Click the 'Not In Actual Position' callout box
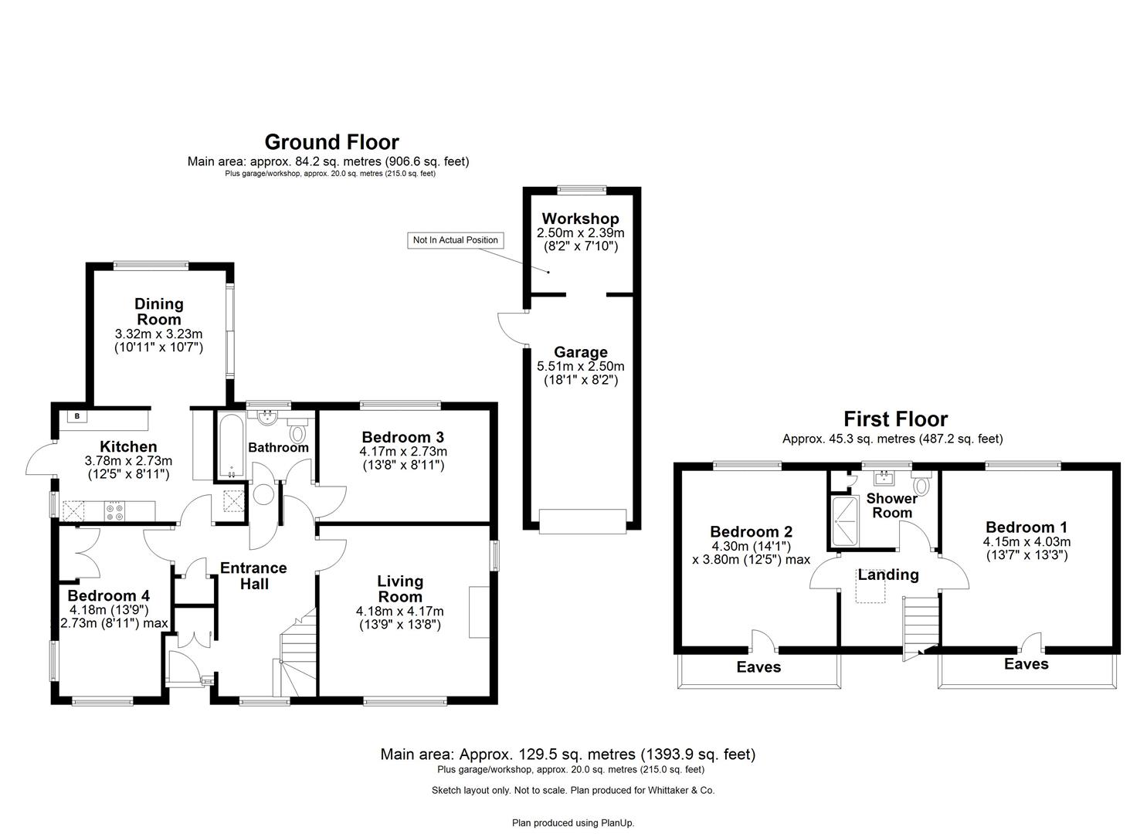click(455, 240)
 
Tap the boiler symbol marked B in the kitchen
click(76, 417)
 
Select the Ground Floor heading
click(331, 142)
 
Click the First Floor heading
click(894, 419)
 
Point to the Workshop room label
click(580, 219)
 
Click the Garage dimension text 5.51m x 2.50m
click(580, 367)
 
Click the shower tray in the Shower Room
click(844, 520)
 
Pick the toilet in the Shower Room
click(920, 485)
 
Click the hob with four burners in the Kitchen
click(115, 510)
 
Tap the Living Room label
click(399, 588)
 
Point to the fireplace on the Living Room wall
click(479, 612)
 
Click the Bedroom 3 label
click(402, 437)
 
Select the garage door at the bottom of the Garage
click(582, 521)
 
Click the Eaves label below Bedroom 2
click(758, 667)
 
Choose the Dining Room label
click(159, 311)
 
